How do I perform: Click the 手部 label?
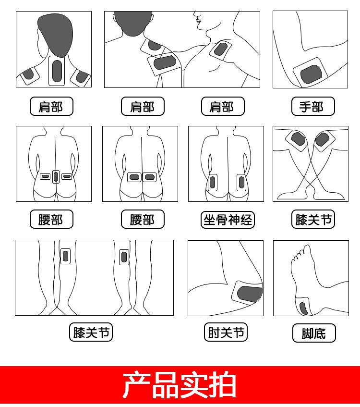[x=312, y=107]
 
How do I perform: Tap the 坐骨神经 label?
[x=228, y=220]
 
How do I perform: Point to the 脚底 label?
[x=314, y=333]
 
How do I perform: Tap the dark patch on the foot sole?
[x=304, y=308]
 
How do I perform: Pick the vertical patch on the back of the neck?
[x=57, y=71]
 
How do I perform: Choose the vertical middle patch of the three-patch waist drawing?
[x=56, y=176]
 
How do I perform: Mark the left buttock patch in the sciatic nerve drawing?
[x=212, y=183]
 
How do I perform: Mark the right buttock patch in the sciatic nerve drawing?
[x=241, y=183]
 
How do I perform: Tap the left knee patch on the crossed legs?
[x=298, y=139]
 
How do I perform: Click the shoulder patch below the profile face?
[x=221, y=49]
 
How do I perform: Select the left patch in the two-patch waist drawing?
[x=134, y=177]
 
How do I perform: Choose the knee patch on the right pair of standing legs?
[x=124, y=257]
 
